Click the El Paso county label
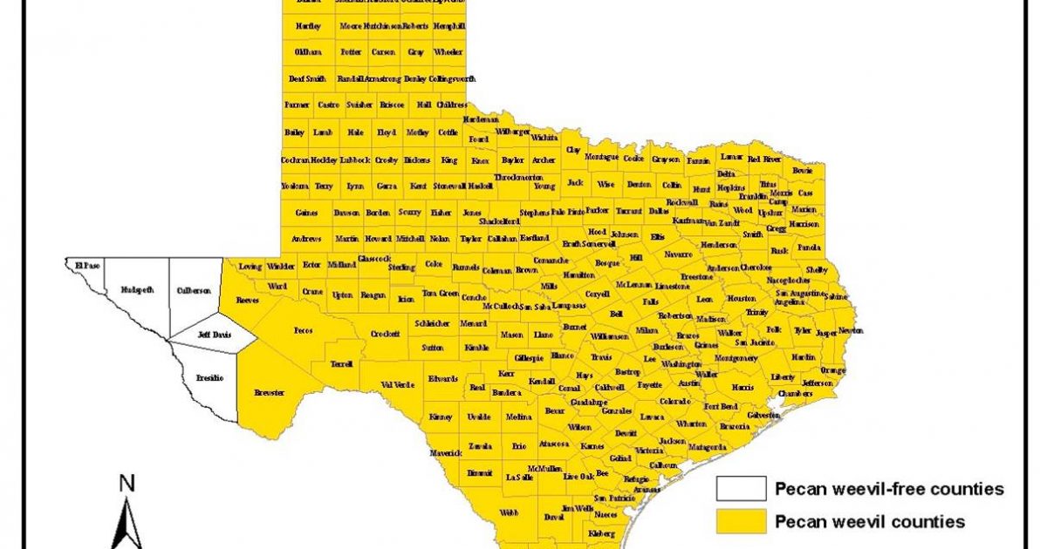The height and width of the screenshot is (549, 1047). [86, 263]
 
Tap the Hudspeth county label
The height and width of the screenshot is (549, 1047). [136, 288]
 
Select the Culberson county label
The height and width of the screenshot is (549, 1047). [194, 290]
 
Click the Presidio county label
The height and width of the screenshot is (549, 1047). [209, 377]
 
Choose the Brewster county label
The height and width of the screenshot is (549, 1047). [269, 393]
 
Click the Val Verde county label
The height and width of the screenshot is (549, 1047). [396, 384]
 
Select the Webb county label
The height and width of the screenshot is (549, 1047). [508, 513]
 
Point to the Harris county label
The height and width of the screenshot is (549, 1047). [742, 387]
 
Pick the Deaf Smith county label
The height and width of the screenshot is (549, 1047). [307, 78]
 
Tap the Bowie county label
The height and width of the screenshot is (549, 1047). [802, 171]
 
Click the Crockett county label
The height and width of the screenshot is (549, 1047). [385, 334]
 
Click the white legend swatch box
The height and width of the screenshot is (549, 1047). [741, 488]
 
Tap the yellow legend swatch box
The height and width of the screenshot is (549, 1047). [741, 521]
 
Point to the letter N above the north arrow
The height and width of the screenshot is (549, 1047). [127, 483]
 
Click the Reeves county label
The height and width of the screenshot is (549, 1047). [248, 300]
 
